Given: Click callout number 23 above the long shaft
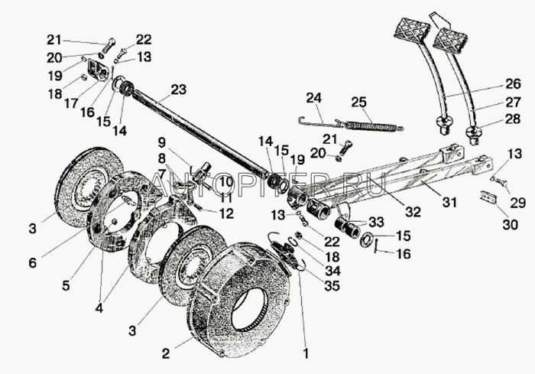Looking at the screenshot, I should tap(177, 90).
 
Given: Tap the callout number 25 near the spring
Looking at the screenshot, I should tap(359, 101).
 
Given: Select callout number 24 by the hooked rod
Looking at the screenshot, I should tap(314, 97).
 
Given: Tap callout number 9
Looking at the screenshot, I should tap(161, 141).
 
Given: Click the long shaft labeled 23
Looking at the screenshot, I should tap(199, 130).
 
